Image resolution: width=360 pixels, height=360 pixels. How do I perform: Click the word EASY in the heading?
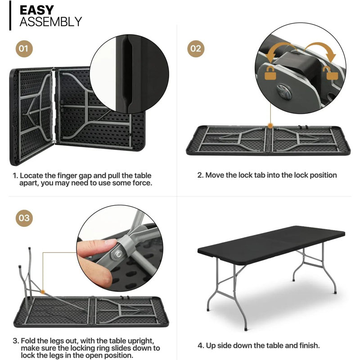coord(37,10)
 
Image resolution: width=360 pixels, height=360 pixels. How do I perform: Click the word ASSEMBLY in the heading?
coord(50,22)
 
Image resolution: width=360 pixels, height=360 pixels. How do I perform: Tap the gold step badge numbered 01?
coord(24,48)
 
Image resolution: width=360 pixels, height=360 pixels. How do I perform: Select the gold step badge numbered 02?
coord(196,48)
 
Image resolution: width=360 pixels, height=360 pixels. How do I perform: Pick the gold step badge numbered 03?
coord(24,219)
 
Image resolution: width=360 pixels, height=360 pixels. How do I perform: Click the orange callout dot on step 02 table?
coord(270,126)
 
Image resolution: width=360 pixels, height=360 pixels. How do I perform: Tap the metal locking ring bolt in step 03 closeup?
coord(116,255)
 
